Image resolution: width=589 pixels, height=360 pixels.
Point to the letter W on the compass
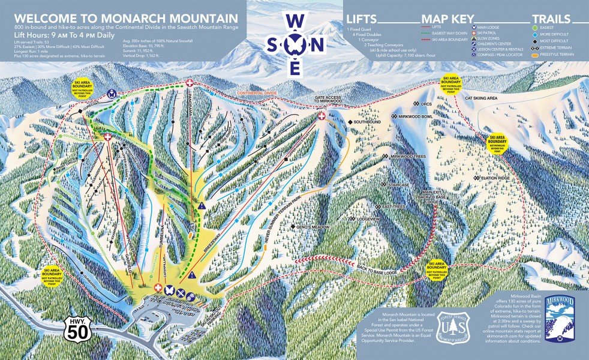(294, 21)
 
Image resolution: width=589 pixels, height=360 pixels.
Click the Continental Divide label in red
(259, 94)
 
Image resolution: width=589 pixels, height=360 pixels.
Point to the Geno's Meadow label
(312, 227)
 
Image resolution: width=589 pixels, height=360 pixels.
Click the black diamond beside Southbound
(350, 123)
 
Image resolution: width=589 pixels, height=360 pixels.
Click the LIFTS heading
(362, 19)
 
